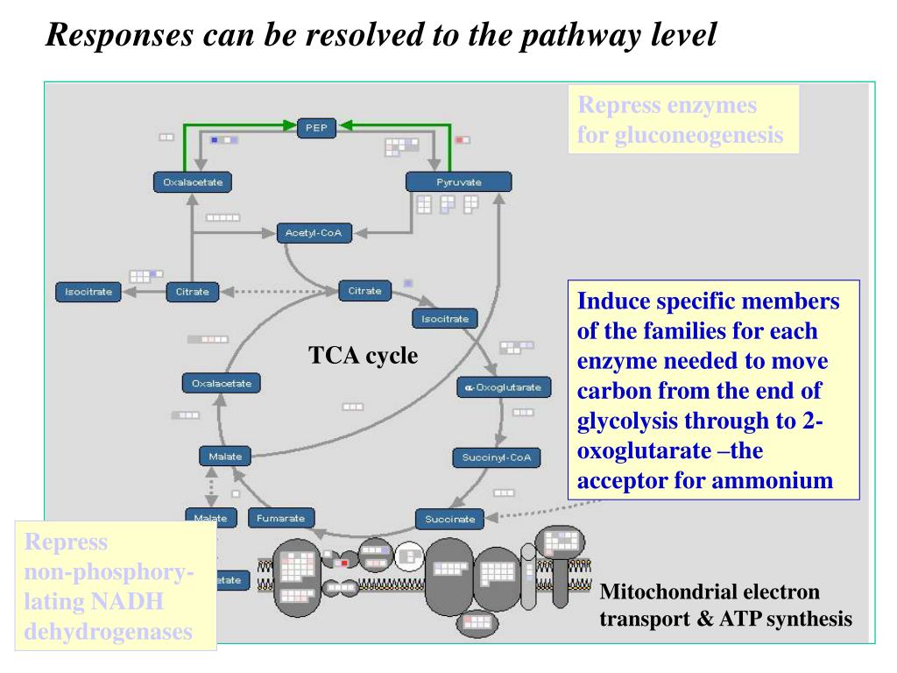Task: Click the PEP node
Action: click(315, 128)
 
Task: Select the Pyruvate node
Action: click(458, 182)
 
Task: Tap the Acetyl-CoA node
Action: click(313, 233)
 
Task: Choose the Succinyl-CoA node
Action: click(496, 457)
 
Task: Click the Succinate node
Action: click(449, 519)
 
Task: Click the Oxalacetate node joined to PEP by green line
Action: click(193, 182)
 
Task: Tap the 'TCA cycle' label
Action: click(363, 356)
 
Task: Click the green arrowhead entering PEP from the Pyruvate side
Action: click(345, 126)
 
